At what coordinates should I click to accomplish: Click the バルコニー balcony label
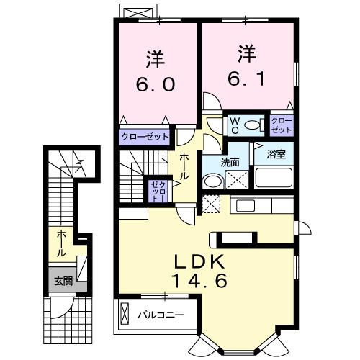pos(161,315)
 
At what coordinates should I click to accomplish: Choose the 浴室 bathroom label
pos(276,153)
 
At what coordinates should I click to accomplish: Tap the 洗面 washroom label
pos(230,162)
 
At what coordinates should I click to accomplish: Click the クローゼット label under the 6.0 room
pos(145,136)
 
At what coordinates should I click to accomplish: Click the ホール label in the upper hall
pos(185,166)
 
